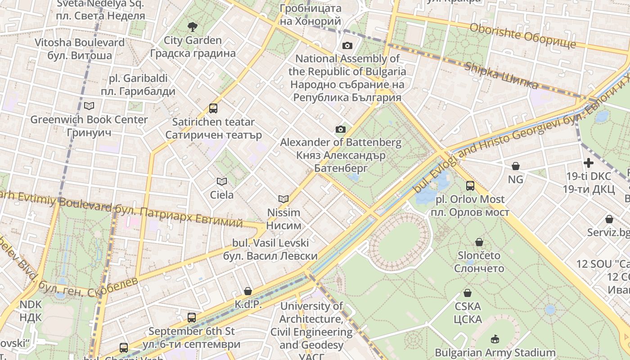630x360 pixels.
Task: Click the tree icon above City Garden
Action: [192, 27]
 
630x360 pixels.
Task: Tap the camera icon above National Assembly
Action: [347, 45]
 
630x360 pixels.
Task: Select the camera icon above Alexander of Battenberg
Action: [341, 130]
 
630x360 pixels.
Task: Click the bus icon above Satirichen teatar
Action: [213, 108]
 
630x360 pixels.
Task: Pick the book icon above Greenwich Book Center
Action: [89, 106]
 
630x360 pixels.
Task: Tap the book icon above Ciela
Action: [221, 181]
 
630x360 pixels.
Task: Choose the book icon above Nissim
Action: [283, 199]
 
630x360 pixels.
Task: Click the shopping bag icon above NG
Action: [516, 166]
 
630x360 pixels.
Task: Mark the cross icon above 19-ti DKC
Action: [589, 162]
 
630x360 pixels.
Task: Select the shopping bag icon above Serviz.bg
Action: [609, 219]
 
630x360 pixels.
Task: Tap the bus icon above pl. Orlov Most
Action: [470, 185]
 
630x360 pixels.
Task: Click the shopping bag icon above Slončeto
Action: [479, 242]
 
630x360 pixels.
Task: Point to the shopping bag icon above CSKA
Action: [468, 293]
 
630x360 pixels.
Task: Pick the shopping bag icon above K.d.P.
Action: [247, 291]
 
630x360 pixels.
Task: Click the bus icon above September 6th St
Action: [192, 318]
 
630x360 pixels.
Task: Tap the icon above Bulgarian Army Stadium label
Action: [495, 338]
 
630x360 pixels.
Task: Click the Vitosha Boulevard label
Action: [80, 49]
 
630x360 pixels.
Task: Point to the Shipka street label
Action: [501, 75]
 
